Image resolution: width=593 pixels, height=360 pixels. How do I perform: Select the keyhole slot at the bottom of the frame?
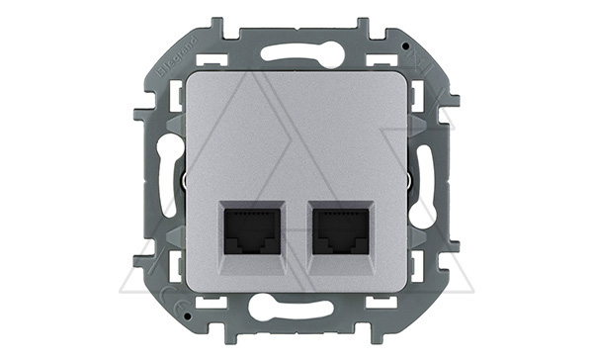(x=296, y=310)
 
